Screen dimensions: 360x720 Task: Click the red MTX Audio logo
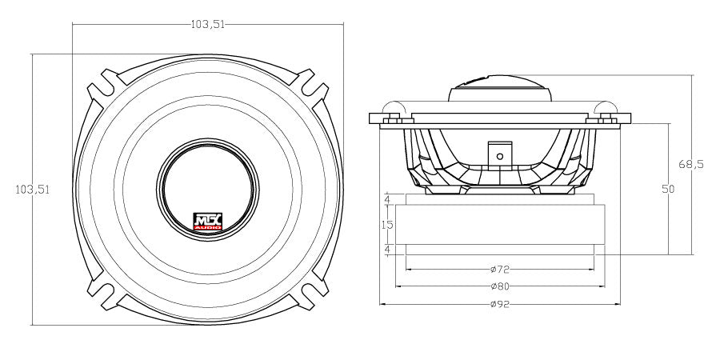[x=209, y=222]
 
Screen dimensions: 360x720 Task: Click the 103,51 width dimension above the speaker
[x=207, y=24]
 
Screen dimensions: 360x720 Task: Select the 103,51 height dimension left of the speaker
[x=33, y=190]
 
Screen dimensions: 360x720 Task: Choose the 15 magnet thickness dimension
[x=387, y=225]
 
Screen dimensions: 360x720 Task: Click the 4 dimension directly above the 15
[x=387, y=198]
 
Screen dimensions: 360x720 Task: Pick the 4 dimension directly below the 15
[x=387, y=250]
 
